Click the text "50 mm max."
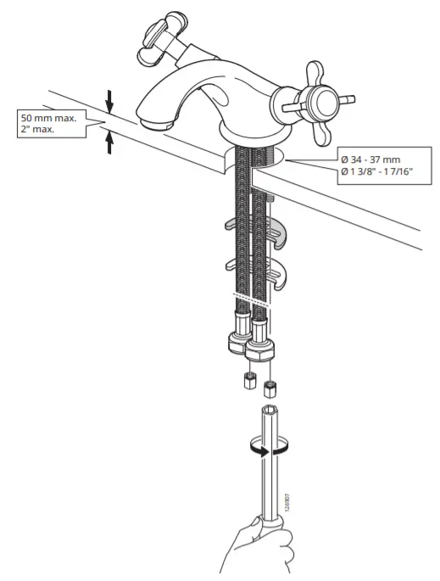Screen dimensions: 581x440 point(47,119)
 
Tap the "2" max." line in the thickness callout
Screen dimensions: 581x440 point(39,131)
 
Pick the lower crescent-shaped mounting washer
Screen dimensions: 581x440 point(254,272)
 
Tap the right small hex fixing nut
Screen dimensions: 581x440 point(270,388)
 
